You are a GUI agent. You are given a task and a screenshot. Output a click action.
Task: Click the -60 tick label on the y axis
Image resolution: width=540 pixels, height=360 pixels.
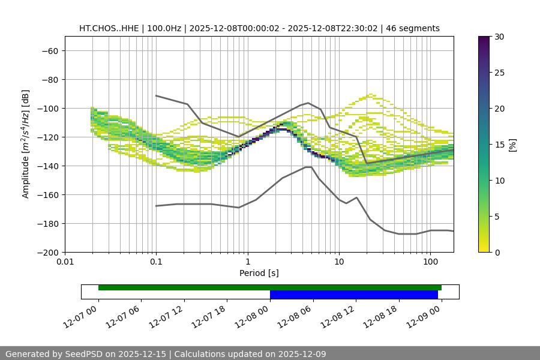[49, 51]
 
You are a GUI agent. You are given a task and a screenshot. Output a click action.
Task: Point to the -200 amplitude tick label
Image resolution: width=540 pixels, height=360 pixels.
[47, 253]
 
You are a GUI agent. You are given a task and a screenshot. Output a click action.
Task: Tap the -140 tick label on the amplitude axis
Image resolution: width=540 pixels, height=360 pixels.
[47, 166]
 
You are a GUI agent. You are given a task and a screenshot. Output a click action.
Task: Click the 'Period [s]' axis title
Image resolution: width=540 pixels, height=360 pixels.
[259, 274]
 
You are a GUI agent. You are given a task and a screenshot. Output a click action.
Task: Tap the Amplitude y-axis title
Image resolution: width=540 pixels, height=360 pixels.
[26, 144]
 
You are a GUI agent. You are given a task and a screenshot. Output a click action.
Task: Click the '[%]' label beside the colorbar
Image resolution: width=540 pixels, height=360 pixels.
[512, 145]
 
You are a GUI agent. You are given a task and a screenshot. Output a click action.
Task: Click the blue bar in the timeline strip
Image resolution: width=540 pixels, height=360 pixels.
[353, 295]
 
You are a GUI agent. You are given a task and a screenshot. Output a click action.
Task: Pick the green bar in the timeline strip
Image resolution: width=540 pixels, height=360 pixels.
[269, 288]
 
